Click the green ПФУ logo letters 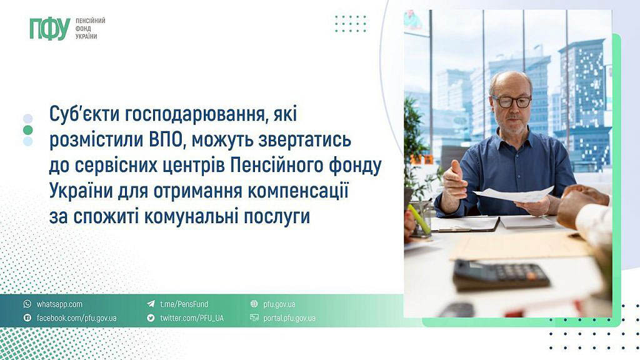tap(50, 29)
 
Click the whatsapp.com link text tap(59, 304)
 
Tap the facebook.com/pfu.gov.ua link tap(77, 318)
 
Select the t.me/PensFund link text tap(184, 304)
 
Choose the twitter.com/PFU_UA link tap(192, 318)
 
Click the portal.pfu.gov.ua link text tap(289, 318)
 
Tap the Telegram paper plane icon tap(151, 304)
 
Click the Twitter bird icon tap(151, 317)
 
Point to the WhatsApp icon tap(27, 304)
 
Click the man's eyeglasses tap(511, 101)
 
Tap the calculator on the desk tap(501, 276)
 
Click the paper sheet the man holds tap(514, 194)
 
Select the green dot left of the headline tap(27, 130)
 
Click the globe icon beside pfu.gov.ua tap(254, 304)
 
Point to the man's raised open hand tap(454, 182)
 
